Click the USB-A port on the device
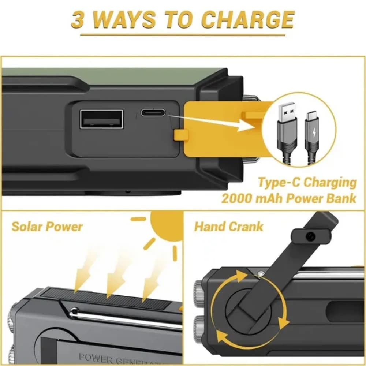101,119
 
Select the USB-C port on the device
153,112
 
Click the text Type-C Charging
307,182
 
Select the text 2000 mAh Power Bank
288,198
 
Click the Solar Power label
47,227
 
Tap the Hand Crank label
228,227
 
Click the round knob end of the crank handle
310,236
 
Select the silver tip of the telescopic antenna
74,311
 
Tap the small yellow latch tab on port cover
181,134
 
